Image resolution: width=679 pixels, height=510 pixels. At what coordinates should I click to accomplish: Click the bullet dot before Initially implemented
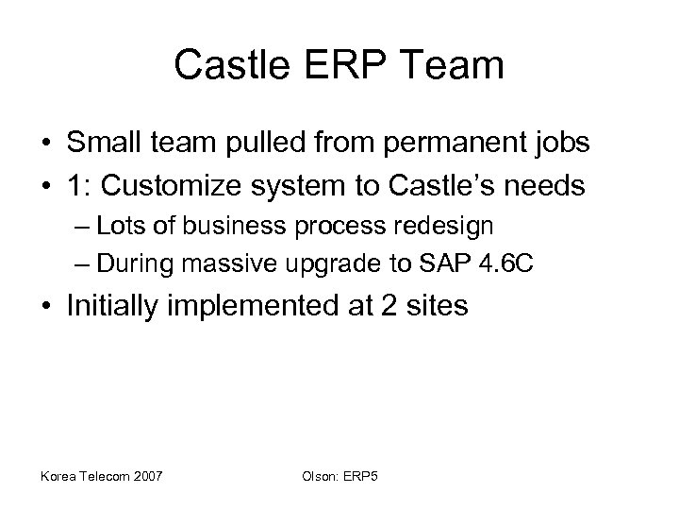tap(44, 308)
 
